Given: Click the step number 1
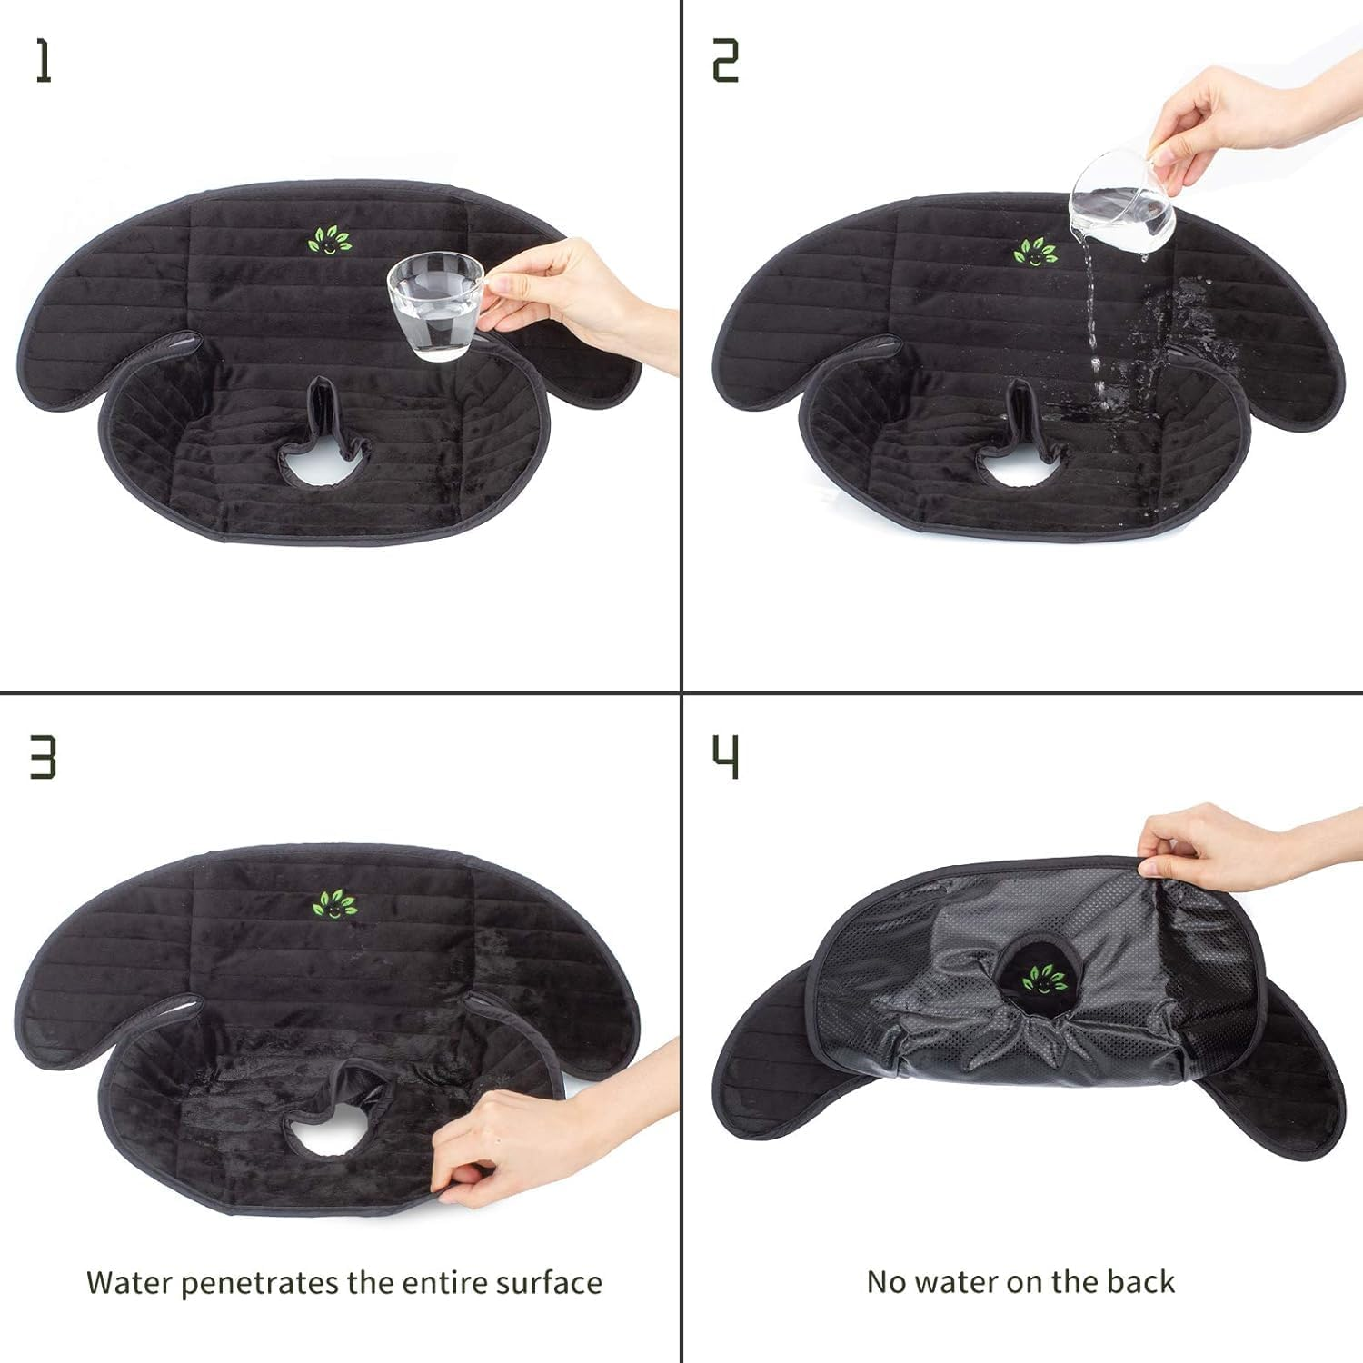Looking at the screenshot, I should tap(43, 62).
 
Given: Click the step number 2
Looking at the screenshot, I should tap(725, 62).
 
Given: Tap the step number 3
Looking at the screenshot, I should tap(43, 757).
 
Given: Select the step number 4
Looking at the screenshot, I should tap(725, 757).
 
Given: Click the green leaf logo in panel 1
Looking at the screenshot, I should tap(329, 242).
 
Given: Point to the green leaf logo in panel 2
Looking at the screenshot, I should tap(1035, 252).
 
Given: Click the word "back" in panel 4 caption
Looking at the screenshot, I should tap(1140, 1281).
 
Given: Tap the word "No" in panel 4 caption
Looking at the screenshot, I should tap(887, 1281).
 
